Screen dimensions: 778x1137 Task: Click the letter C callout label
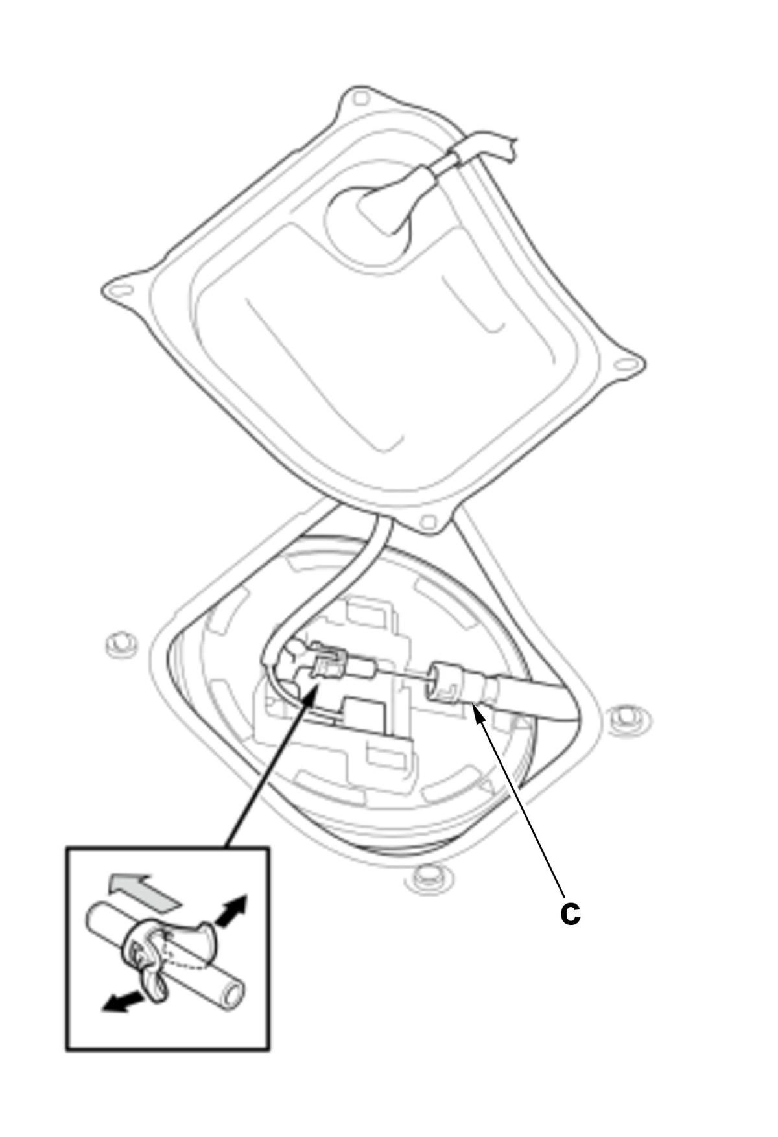pos(570,913)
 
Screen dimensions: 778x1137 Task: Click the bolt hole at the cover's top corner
pos(362,99)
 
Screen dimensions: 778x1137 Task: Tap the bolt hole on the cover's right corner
pos(625,365)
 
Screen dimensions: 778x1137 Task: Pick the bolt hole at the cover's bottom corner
pos(427,521)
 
